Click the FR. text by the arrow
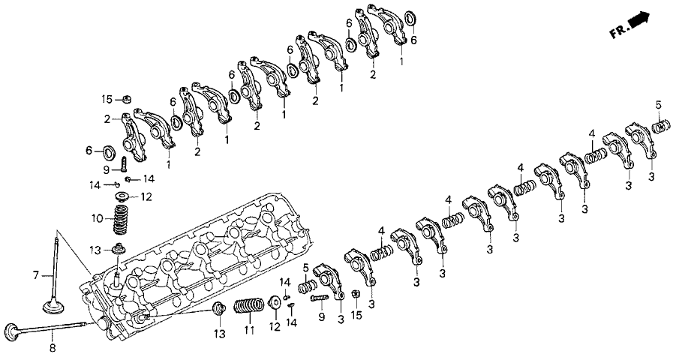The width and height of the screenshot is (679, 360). click(x=618, y=31)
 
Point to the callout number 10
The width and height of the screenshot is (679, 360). click(x=96, y=218)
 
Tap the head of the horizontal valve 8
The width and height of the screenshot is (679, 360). click(x=13, y=330)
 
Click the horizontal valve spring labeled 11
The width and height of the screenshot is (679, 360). click(x=248, y=307)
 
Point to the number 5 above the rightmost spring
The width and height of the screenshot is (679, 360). click(x=658, y=103)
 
